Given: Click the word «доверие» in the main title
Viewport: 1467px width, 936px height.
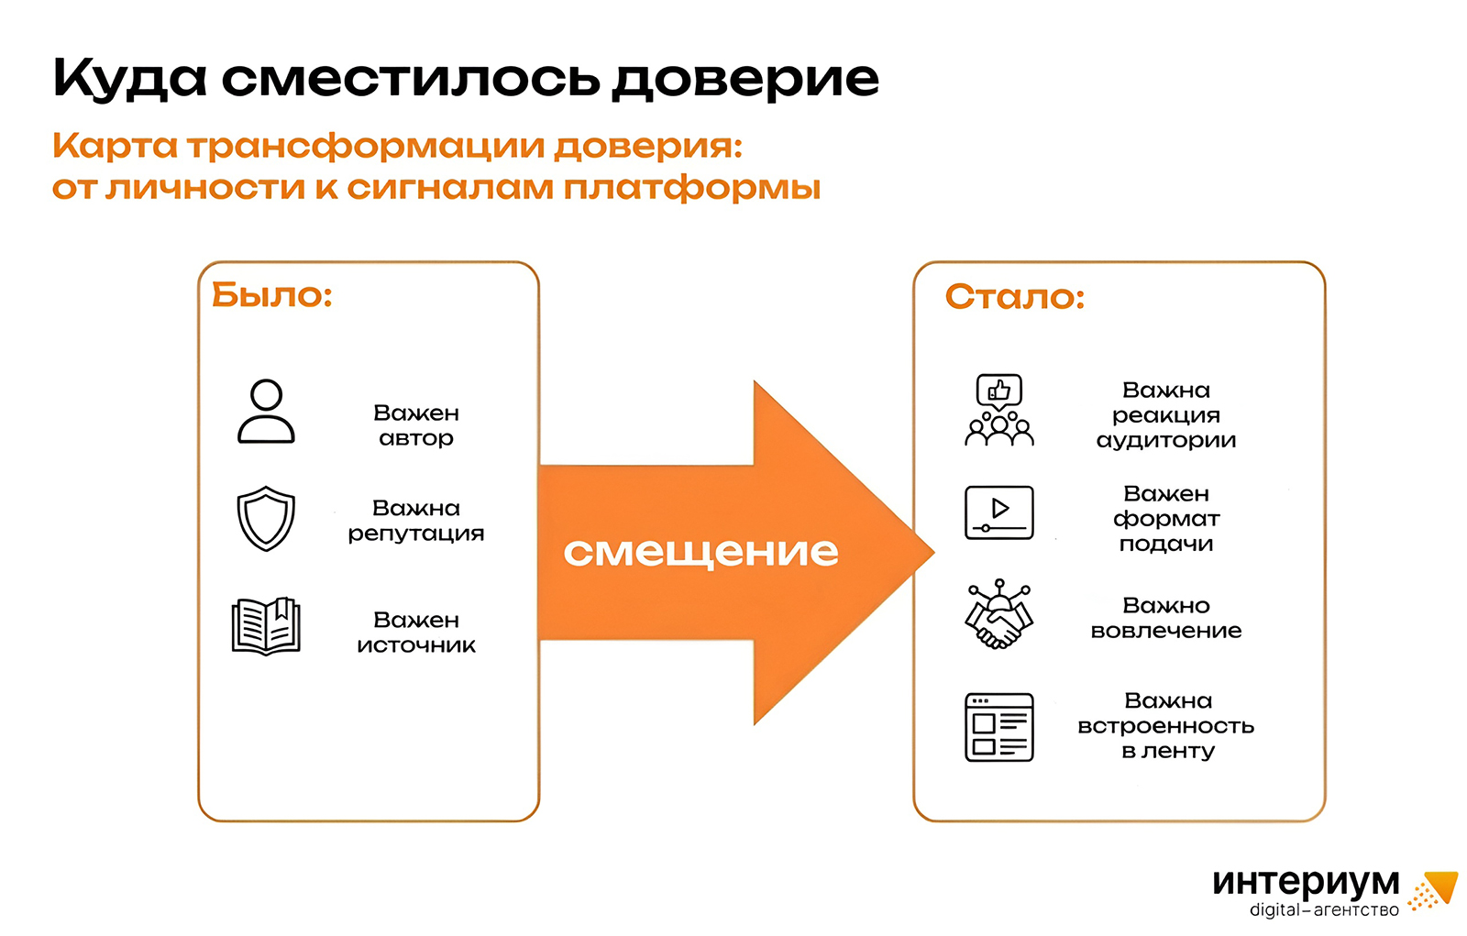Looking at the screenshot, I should click(x=745, y=80).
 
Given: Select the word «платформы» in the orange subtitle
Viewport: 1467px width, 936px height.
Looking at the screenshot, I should click(x=692, y=188).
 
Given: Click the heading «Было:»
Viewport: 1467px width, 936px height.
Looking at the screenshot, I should click(x=271, y=295).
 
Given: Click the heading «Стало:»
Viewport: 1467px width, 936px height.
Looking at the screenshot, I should click(x=1015, y=297).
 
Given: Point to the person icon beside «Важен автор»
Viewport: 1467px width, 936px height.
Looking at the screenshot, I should click(x=266, y=412).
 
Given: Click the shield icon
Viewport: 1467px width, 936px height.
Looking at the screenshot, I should click(x=266, y=519).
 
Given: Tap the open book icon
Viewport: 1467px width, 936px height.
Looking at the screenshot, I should click(x=266, y=626).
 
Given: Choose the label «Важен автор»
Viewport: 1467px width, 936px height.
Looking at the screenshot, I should click(x=416, y=425).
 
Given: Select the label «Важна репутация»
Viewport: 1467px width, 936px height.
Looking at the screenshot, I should click(x=416, y=521).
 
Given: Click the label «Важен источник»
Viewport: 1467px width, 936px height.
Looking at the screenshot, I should click(x=416, y=633).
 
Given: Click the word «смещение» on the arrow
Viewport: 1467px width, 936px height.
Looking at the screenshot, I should click(x=700, y=552).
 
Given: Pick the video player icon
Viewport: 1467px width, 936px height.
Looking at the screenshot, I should click(x=999, y=512).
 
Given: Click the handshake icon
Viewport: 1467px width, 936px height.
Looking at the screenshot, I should click(x=999, y=616).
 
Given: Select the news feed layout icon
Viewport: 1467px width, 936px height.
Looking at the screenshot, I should click(x=999, y=727).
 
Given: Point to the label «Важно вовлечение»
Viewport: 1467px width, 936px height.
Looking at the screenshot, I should click(x=1166, y=618).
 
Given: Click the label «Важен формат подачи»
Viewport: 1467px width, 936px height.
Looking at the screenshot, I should click(x=1166, y=519).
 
